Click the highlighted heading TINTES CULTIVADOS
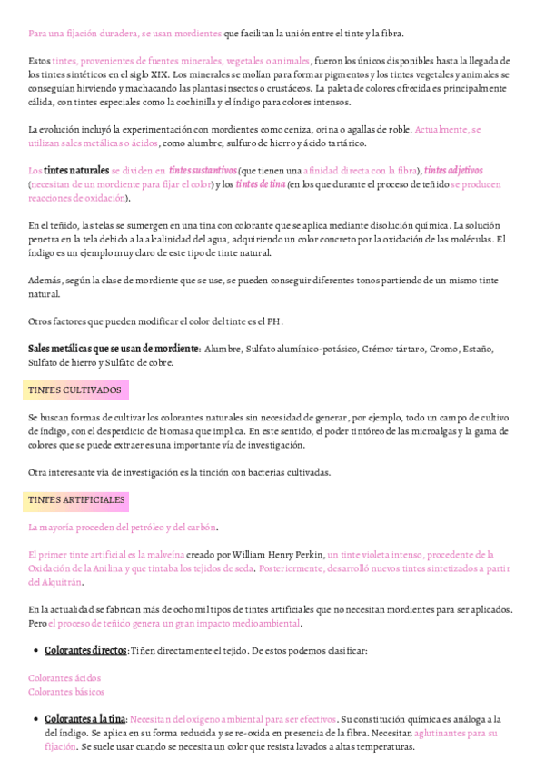75,390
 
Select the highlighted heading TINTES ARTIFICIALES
78,500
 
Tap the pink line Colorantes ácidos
64,677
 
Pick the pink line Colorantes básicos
65,692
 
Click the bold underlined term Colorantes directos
85,650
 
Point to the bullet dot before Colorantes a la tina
35,719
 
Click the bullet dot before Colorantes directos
35,651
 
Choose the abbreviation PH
273,321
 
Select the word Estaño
477,349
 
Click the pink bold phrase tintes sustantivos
203,171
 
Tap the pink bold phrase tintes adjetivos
453,171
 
